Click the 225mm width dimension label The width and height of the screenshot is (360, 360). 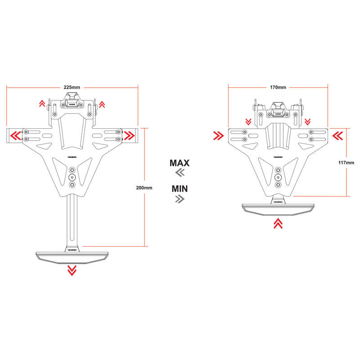(72, 87)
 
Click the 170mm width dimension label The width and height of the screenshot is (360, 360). (278, 87)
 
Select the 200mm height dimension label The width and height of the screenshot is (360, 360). (144, 187)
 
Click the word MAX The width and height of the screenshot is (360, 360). (179, 163)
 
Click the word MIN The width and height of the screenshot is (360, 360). (179, 188)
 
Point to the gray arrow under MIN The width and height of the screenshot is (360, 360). (180, 198)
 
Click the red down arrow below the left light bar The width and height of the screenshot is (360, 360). (72, 270)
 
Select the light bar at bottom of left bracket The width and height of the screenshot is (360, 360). (72, 255)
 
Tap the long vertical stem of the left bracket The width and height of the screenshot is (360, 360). (72, 220)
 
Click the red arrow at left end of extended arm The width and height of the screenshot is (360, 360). (16, 135)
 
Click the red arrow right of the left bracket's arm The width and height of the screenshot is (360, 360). (130, 135)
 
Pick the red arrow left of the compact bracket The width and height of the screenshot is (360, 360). (219, 135)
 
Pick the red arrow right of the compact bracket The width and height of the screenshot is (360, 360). (337, 135)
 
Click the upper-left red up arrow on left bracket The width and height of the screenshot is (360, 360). (41, 104)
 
